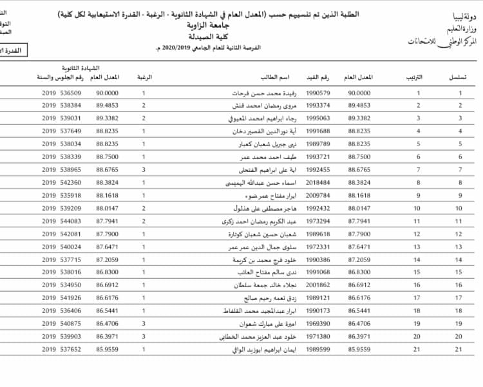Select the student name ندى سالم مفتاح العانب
click(x=267, y=272)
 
